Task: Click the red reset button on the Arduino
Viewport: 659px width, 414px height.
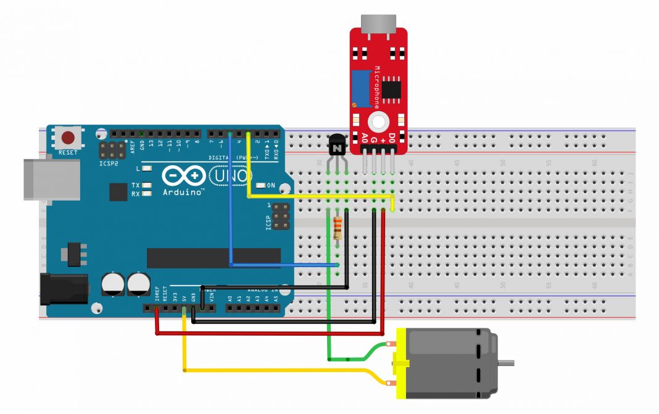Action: pyautogui.click(x=68, y=138)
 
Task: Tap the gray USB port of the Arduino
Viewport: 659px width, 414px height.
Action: pyautogui.click(x=52, y=179)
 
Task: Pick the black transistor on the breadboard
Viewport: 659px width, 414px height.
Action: pyautogui.click(x=337, y=146)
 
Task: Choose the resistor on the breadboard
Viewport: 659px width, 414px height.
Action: pyautogui.click(x=338, y=229)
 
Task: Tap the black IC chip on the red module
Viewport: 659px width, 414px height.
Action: pyautogui.click(x=390, y=88)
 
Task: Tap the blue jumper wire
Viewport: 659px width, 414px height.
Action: pyautogui.click(x=230, y=204)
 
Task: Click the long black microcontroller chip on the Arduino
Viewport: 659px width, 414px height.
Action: pyautogui.click(x=213, y=258)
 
